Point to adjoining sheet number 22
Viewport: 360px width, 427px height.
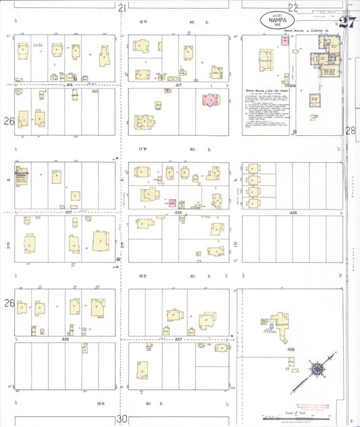tap(293, 8)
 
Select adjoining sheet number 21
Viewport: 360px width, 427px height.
tap(122, 8)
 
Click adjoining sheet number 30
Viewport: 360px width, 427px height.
tap(122, 419)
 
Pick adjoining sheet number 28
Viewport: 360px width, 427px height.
tap(350, 131)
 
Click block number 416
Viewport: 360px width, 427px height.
tap(68, 85)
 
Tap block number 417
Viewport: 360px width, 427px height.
tap(178, 85)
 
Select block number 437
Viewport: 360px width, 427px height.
tap(68, 212)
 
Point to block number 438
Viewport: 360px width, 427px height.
tap(178, 212)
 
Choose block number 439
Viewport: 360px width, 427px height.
tap(292, 212)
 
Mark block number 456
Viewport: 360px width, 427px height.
tap(66, 338)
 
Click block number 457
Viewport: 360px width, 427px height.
tap(178, 338)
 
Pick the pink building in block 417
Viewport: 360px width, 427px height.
tap(209, 101)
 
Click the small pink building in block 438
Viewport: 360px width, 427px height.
tap(173, 203)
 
